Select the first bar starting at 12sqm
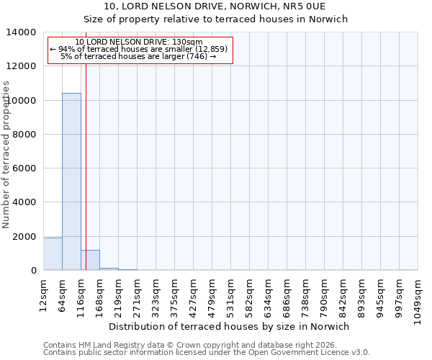pyautogui.click(x=53, y=254)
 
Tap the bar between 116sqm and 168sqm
pyautogui.click(x=90, y=260)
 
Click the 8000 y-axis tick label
pyautogui.click(x=22, y=135)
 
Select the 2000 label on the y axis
pyautogui.click(x=22, y=237)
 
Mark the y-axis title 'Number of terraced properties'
pyautogui.click(x=6, y=154)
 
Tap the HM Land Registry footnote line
pyautogui.click(x=180, y=345)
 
